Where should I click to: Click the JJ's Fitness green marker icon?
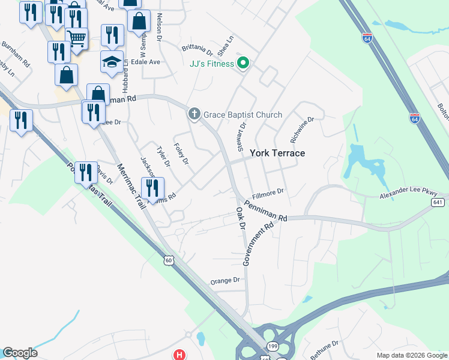click(x=243, y=64)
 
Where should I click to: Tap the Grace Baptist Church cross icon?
click(x=194, y=114)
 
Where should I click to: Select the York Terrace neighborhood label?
click(x=277, y=153)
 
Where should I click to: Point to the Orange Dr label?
click(x=225, y=280)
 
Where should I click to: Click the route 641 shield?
click(x=438, y=203)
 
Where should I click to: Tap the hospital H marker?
click(x=179, y=355)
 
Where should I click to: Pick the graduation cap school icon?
click(x=112, y=62)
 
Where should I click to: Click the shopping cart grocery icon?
click(x=77, y=39)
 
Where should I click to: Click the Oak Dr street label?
click(x=241, y=218)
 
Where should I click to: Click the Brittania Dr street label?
click(x=197, y=48)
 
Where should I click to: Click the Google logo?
click(x=20, y=353)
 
